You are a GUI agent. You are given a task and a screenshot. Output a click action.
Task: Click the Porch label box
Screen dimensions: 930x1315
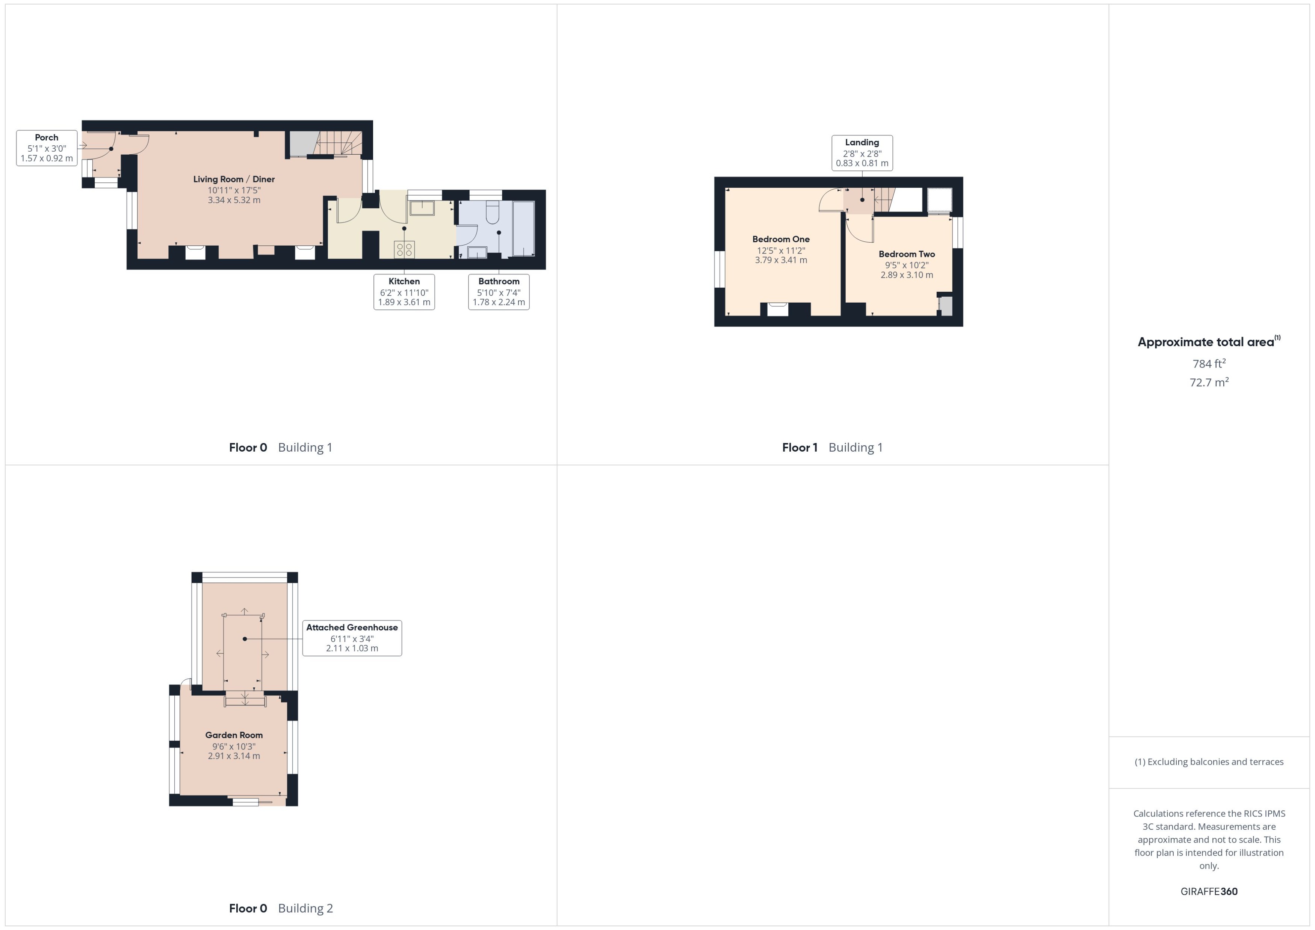click(47, 148)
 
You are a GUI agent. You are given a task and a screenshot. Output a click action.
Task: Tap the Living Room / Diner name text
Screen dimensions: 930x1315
click(234, 179)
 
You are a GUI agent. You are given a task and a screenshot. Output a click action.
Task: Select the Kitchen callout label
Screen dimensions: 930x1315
click(404, 291)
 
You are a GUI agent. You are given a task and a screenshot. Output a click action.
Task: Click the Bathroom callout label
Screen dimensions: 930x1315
click(499, 291)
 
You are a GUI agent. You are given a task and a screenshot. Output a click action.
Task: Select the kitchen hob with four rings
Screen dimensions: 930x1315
click(404, 249)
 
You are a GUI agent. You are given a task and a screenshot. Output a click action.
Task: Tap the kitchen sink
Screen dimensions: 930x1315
click(422, 207)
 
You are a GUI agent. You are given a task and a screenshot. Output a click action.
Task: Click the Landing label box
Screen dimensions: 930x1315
click(862, 153)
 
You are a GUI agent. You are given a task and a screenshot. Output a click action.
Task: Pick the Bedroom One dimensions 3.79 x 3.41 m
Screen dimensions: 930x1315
click(781, 260)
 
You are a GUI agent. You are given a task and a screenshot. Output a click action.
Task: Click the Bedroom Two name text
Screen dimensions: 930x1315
click(907, 254)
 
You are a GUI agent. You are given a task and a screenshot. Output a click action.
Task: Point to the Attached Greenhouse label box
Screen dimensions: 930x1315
click(352, 638)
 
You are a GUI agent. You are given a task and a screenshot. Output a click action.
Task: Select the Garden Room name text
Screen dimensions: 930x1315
click(234, 735)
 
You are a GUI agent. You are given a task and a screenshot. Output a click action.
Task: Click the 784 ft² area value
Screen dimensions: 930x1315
click(1208, 364)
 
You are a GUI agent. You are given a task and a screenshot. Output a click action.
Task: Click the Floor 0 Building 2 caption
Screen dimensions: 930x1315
click(281, 908)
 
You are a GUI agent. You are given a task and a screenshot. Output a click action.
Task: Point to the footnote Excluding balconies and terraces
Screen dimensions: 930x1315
click(1208, 762)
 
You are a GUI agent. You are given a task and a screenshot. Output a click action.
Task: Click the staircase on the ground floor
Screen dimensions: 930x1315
click(338, 143)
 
